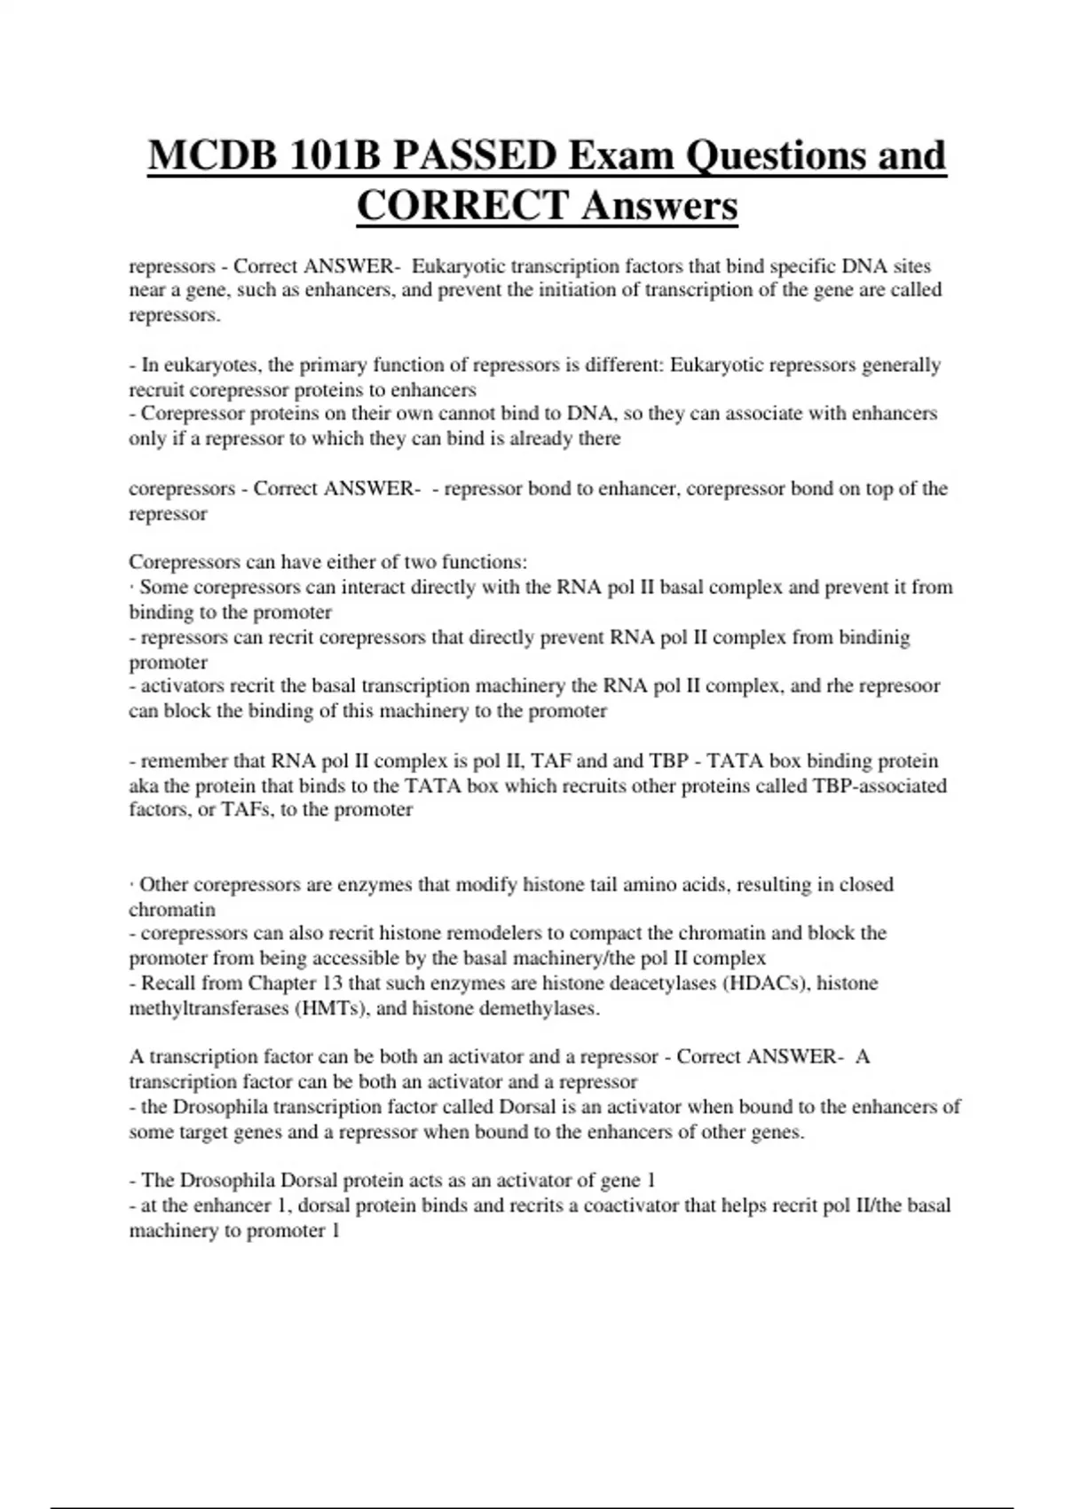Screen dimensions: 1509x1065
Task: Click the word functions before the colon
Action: click(484, 562)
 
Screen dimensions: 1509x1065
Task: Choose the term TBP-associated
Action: click(879, 786)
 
